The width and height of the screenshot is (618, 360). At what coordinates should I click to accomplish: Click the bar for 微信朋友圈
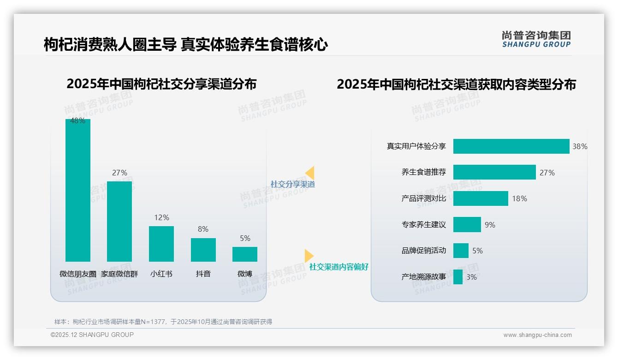tap(78, 190)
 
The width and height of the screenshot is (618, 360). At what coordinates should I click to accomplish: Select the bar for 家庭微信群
tap(119, 222)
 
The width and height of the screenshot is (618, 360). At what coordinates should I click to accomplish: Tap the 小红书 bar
tap(161, 244)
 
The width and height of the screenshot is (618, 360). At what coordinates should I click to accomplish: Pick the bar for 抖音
tap(203, 250)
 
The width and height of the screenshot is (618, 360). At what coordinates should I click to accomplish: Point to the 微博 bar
tap(245, 254)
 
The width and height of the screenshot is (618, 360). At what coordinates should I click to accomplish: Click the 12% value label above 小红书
tap(161, 217)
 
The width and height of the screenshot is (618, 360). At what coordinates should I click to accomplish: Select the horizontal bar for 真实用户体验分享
tap(511, 146)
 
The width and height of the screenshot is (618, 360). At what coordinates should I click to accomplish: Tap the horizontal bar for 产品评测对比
tap(481, 198)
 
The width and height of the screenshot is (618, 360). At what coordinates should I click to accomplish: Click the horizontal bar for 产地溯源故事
tap(458, 277)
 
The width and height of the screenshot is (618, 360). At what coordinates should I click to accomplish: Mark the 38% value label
tap(580, 146)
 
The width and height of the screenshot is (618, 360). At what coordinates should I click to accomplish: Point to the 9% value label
tap(490, 225)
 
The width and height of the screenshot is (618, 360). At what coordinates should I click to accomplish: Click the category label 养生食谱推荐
tap(423, 173)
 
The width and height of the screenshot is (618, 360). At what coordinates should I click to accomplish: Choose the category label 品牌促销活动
tap(423, 251)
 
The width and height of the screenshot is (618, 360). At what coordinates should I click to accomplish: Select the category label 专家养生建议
tap(423, 225)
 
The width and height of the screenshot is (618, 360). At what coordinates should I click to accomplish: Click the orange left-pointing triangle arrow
tap(310, 173)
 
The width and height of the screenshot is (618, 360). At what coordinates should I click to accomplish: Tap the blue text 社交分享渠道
tap(292, 184)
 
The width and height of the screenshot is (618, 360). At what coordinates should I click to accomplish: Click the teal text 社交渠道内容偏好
tap(339, 267)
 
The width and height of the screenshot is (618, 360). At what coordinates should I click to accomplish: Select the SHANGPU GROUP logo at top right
tap(536, 39)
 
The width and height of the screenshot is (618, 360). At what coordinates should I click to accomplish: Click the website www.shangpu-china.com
tap(537, 335)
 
